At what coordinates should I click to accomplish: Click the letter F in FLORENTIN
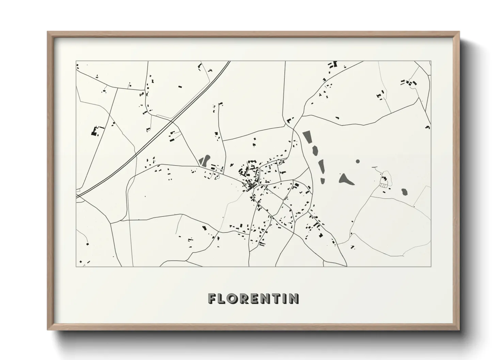[212, 299]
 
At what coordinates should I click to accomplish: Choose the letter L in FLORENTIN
[223, 299]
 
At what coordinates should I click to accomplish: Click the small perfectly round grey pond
[358, 161]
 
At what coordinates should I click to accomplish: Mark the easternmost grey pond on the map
[404, 192]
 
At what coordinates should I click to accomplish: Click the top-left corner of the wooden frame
[49, 33]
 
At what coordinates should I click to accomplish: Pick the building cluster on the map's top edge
[332, 64]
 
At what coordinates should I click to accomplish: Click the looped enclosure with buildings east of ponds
[385, 180]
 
